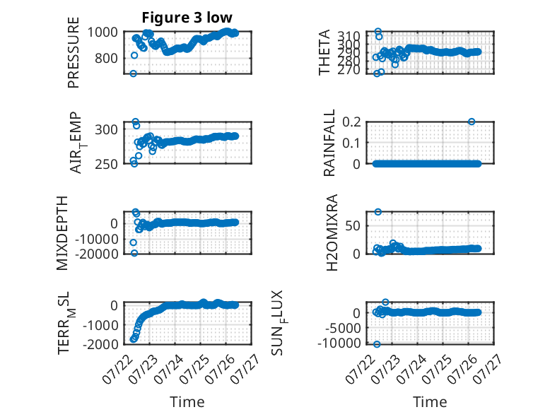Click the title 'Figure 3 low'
coord(187,17)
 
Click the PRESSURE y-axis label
coord(74,52)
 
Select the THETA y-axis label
coord(324,52)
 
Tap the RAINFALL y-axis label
coord(329,143)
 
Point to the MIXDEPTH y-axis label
coord(62,233)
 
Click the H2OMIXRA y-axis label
coord(332,233)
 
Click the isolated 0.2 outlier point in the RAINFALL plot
coord(472,122)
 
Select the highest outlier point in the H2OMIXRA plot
coord(378,212)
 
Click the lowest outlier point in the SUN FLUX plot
coord(377,344)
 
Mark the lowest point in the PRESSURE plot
coord(134,73)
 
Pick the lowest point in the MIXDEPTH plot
coord(134,253)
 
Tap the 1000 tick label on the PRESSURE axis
coord(103,33)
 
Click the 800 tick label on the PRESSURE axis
coord(106,58)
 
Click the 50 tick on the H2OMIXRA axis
coord(353,226)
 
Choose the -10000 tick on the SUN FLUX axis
coord(339,343)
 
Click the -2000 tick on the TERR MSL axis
coord(100,344)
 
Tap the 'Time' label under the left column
coord(187,401)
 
